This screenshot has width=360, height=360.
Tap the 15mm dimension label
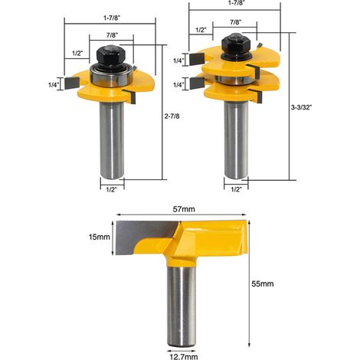tap(100, 237)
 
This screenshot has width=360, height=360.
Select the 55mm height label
tap(263, 283)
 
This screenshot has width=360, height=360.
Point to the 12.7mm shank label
tap(184, 356)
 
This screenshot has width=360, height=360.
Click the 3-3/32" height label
tap(302, 107)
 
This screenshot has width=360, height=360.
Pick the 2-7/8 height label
tap(172, 116)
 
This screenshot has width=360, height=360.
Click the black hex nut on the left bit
tap(110, 57)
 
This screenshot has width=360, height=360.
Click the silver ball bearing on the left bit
tap(111, 77)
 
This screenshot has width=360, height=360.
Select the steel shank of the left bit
tap(112, 140)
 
